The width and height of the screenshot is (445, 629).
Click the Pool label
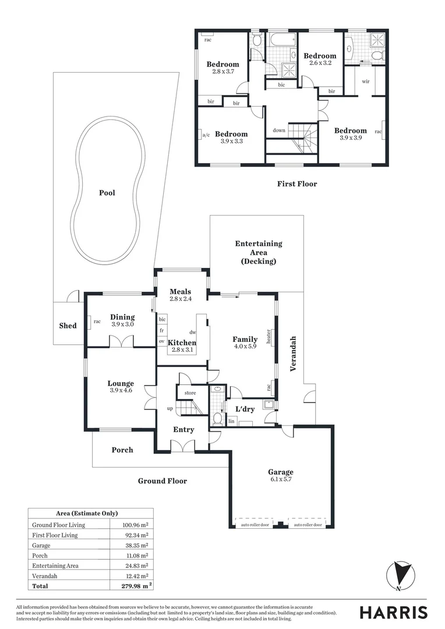click(107, 193)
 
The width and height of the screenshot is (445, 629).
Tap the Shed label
click(68, 326)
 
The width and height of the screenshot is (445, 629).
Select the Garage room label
click(281, 472)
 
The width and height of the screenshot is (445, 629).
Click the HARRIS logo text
click(393, 612)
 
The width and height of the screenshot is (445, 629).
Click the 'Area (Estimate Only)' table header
click(87, 513)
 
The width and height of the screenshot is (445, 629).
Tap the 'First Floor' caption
click(297, 184)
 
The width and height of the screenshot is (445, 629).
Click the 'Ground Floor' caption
click(163, 481)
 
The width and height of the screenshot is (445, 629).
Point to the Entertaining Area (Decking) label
click(258, 252)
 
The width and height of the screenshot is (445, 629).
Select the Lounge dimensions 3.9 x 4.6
click(121, 391)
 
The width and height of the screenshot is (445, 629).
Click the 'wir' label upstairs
click(366, 82)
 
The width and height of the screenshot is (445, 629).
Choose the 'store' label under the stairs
click(190, 393)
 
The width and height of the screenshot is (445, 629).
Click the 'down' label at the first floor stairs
click(279, 130)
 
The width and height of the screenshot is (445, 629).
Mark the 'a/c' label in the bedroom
click(205, 136)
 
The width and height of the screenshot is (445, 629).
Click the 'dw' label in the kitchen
click(193, 331)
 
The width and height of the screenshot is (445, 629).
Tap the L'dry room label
click(245, 409)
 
